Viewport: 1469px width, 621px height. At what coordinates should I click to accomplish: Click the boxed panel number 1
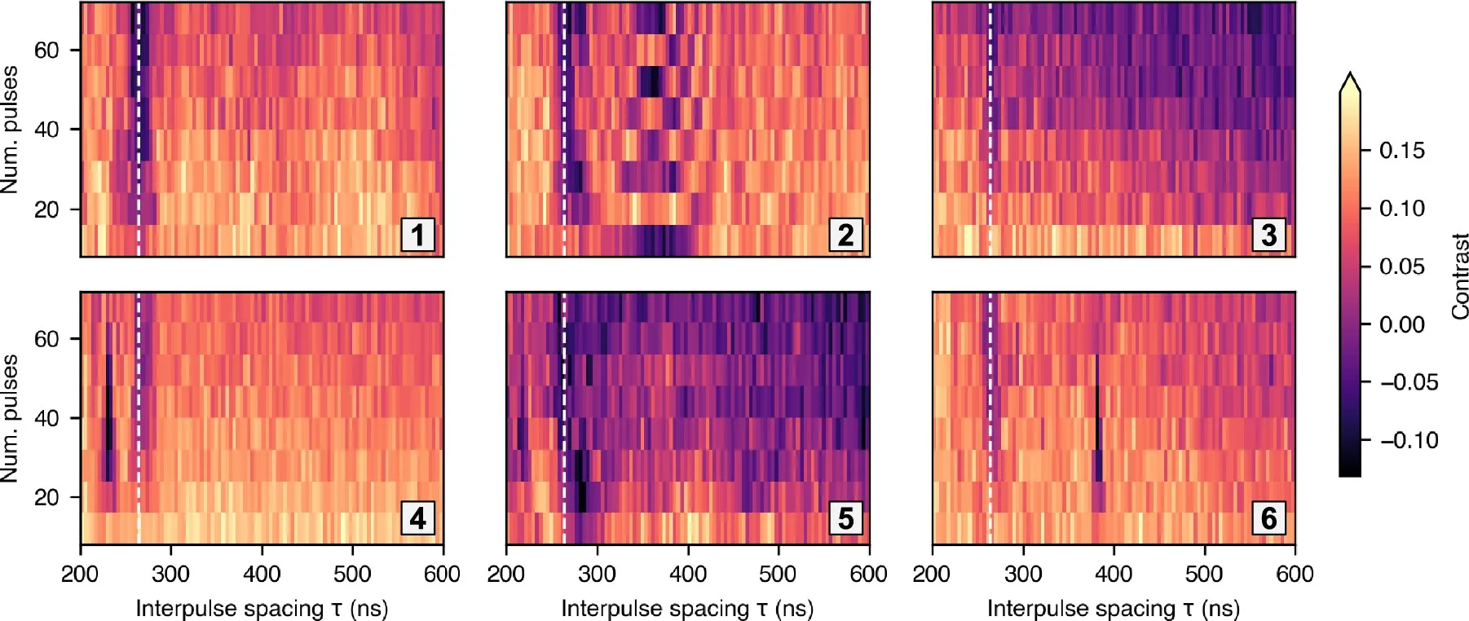417,235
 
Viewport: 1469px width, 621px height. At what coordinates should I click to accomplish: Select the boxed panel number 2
845,235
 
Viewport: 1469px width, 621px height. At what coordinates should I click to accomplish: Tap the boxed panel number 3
1269,235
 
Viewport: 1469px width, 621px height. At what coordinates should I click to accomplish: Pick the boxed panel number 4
417,517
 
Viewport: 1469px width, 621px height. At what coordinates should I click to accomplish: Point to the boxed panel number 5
845,517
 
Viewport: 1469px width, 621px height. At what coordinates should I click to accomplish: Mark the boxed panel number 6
1269,517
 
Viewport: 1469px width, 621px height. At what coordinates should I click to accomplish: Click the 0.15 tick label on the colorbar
1401,150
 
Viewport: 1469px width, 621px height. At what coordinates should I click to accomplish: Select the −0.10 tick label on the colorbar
1409,441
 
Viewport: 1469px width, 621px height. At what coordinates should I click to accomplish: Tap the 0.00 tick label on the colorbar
1401,324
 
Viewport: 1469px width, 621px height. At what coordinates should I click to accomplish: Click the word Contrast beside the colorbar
1460,276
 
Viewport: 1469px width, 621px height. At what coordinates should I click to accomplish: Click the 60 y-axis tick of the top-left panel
46,51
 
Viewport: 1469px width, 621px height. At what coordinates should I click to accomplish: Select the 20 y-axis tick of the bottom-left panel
46,497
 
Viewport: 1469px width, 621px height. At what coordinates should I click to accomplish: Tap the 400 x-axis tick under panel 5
687,574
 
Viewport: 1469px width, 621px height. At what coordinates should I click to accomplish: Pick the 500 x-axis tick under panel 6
1203,574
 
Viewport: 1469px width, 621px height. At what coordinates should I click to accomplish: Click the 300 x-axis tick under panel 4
171,574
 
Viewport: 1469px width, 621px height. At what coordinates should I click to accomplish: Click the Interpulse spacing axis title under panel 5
687,609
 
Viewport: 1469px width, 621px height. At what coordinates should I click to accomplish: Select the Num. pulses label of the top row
10,130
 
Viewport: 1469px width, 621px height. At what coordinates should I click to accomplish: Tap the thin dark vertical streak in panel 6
1097,416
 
